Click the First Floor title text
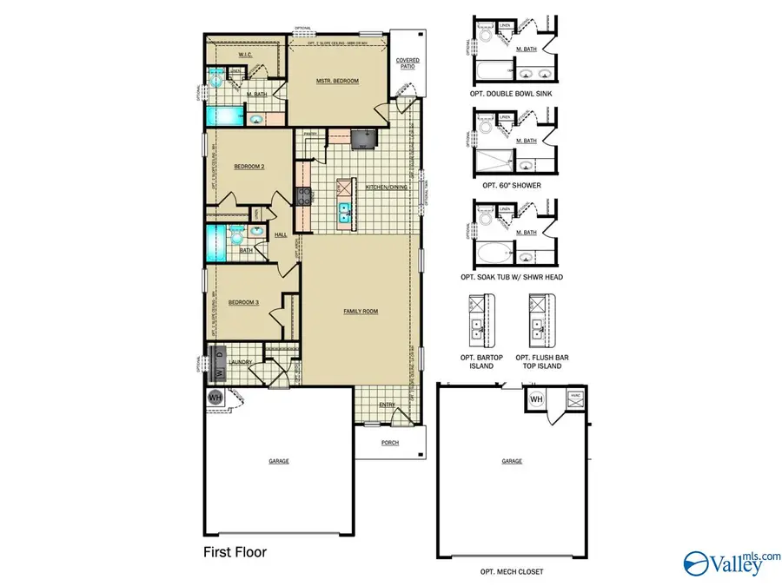click(235, 551)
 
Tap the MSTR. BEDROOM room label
click(337, 81)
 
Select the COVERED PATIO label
click(408, 63)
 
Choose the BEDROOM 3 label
click(243, 302)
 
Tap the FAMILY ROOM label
click(360, 311)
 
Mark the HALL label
click(281, 234)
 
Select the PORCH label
click(390, 442)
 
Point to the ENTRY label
click(387, 405)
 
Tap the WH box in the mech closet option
click(536, 398)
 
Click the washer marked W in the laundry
click(220, 373)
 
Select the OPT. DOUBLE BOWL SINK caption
click(513, 92)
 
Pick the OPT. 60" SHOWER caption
click(513, 185)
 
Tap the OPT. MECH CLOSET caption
click(513, 571)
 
